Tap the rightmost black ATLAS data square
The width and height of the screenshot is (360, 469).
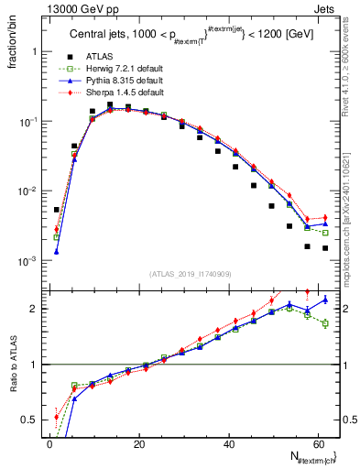click(x=325, y=248)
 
